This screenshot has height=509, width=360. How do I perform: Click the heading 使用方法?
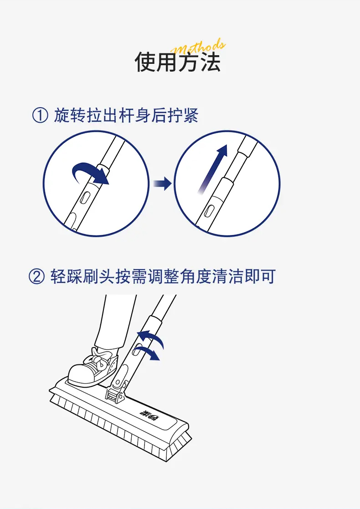pos(178,62)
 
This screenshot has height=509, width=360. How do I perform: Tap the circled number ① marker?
pos(40,115)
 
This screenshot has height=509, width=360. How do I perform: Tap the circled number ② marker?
pos(36,276)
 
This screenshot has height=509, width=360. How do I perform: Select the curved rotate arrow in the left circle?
pos(91,172)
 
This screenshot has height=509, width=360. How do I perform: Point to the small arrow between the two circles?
pos(162,184)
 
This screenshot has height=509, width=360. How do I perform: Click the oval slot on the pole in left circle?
pos(85,197)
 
